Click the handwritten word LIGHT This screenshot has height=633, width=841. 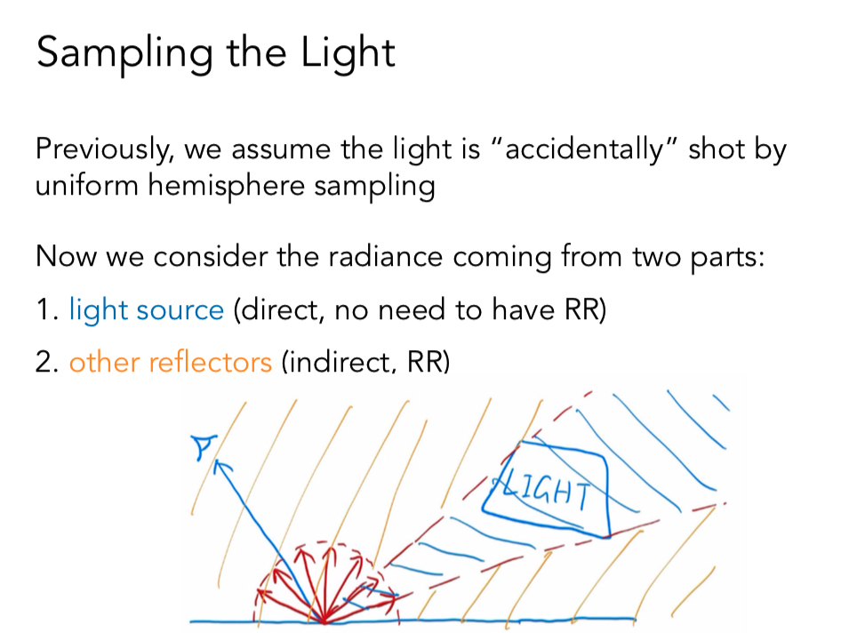coord(548,489)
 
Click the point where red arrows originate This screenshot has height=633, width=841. coord(324,619)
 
